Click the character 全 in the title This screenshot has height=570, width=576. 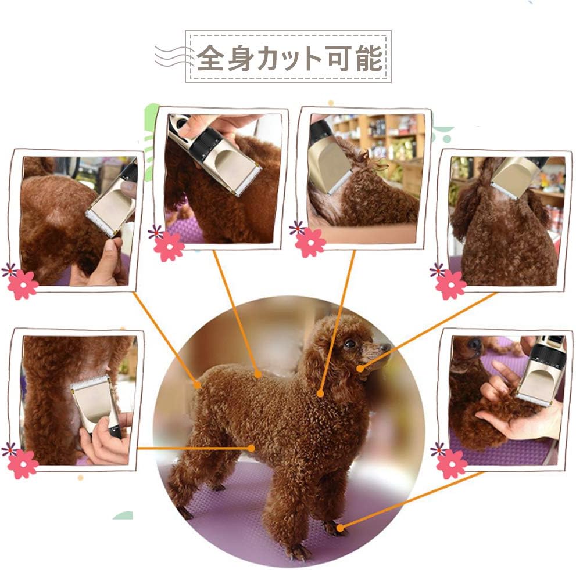tap(210, 57)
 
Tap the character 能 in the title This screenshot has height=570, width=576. tap(369, 57)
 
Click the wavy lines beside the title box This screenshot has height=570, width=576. tap(173, 57)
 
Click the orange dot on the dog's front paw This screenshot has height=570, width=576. tap(340, 528)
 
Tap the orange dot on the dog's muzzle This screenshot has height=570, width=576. tap(361, 369)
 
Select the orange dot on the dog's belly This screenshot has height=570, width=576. tap(251, 448)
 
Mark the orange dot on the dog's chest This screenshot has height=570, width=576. tap(320, 394)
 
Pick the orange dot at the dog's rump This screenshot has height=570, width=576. tap(198, 385)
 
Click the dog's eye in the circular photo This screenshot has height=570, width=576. tap(350, 344)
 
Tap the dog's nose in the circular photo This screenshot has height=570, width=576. tap(387, 347)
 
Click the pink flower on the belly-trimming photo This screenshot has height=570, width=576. tap(23, 464)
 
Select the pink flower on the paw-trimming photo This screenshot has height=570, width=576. tap(452, 464)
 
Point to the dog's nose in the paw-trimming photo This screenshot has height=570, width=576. tap(474, 343)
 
